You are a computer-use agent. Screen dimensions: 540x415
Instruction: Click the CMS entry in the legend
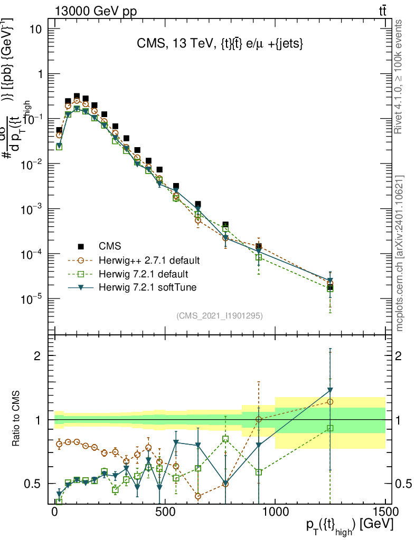pyautogui.click(x=110, y=246)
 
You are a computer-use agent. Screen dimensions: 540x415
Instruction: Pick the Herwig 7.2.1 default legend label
pyautogui.click(x=143, y=274)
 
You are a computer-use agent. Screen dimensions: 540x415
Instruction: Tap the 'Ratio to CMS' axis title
pyautogui.click(x=17, y=419)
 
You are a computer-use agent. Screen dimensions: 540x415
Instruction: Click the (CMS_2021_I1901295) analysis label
pyautogui.click(x=220, y=315)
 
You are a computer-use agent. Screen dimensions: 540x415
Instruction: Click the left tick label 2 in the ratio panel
pyautogui.click(x=45, y=355)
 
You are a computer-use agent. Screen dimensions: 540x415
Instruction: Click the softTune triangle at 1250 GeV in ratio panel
pyautogui.click(x=330, y=391)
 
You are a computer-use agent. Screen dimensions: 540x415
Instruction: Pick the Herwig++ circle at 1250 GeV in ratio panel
pyautogui.click(x=330, y=402)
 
